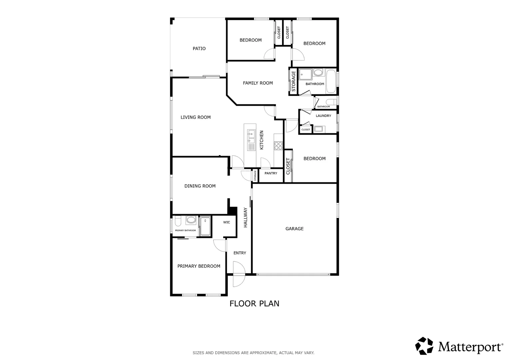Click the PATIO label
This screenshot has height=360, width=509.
point(199,48)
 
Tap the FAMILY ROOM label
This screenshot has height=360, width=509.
point(258,83)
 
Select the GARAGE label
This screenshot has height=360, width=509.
point(294,229)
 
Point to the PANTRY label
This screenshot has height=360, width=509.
point(271,173)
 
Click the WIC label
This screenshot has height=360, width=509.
point(227,222)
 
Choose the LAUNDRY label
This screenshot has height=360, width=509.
point(323,116)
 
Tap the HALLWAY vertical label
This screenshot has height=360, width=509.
point(246,217)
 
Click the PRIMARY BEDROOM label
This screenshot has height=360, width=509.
point(199,266)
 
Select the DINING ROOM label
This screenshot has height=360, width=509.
point(200,186)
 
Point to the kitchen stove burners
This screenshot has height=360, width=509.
point(278,146)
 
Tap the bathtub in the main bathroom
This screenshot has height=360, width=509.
point(331,81)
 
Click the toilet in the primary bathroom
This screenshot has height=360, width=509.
point(178,221)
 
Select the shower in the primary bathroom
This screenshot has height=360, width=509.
point(206,227)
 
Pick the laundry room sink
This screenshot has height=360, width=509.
point(318,129)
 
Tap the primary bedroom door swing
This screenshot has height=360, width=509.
point(220,246)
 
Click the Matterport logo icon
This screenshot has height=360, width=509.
point(424,346)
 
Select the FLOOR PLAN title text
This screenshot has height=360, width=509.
point(254,304)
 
